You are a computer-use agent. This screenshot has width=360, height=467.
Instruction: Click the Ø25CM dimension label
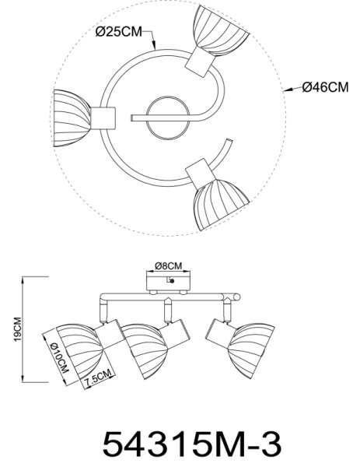[x=119, y=32]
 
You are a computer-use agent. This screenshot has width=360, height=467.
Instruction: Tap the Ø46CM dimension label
[x=325, y=87]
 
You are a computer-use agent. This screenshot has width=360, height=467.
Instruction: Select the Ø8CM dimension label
[x=169, y=265]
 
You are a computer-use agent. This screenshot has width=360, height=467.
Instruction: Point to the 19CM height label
[x=18, y=328]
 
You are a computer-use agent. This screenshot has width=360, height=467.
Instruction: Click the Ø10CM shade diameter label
[x=60, y=357]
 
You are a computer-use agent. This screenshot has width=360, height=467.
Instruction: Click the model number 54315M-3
[x=191, y=445]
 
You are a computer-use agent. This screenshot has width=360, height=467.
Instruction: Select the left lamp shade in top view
[x=72, y=118]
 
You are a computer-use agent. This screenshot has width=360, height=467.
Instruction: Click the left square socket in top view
[x=103, y=118]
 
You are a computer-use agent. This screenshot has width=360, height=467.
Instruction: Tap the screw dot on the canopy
[x=172, y=280]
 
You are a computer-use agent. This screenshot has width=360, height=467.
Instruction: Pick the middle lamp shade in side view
[x=145, y=351]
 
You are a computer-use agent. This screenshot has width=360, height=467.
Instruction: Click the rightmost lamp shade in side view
[x=252, y=350]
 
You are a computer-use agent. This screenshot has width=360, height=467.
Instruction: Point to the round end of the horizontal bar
[x=236, y=297]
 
